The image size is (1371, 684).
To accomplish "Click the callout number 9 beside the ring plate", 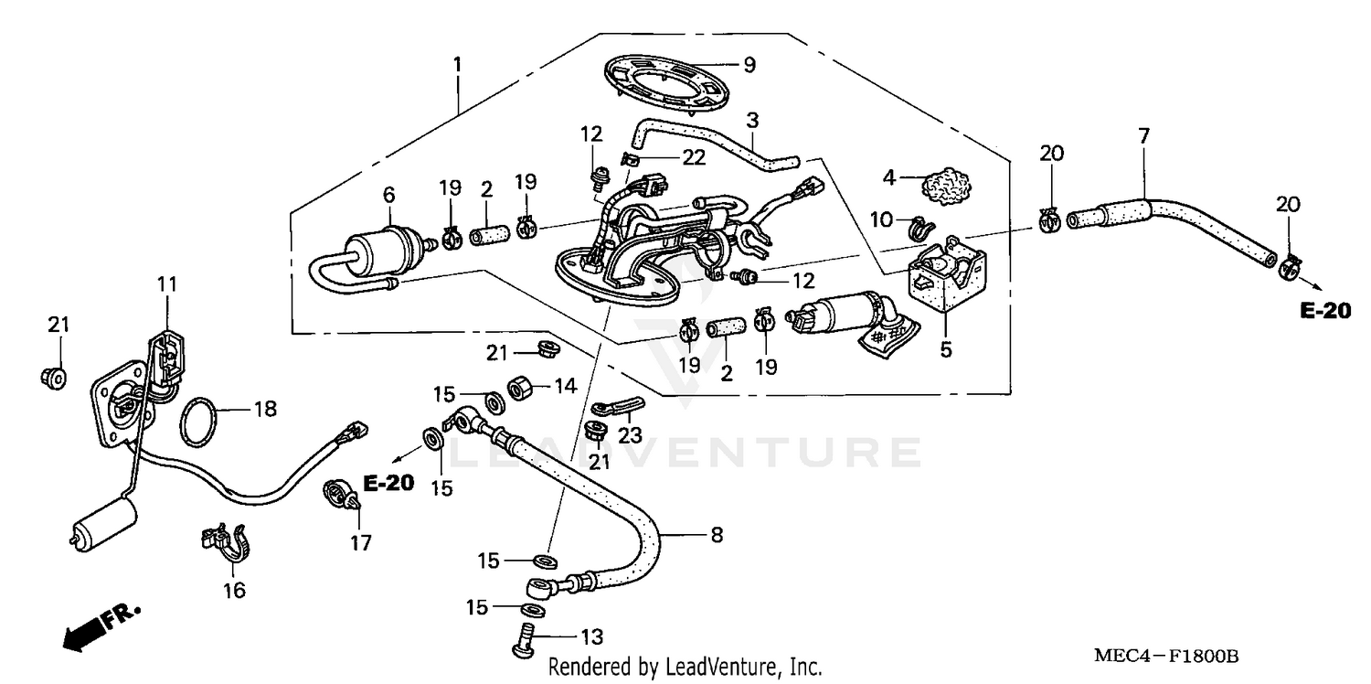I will coord(749,65).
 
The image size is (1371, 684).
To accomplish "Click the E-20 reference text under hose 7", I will coord(1324,312).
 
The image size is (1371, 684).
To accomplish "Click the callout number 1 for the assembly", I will coord(457,65).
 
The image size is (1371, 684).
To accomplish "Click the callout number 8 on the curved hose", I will coord(717,535).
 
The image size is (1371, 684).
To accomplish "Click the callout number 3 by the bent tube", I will coord(752,120).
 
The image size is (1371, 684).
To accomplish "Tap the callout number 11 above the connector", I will coord(165,284).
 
